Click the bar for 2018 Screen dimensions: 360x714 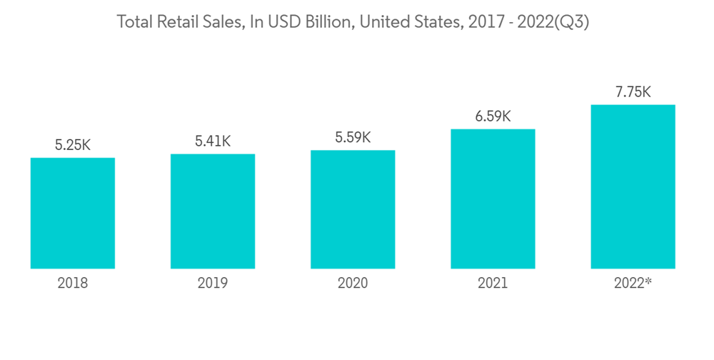[x=73, y=213]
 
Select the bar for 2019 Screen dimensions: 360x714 [x=213, y=211]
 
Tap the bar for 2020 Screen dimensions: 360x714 [x=353, y=209]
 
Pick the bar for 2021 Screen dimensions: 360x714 [x=493, y=199]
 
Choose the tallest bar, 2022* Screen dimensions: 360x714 [x=633, y=186]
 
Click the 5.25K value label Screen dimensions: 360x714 [x=73, y=145]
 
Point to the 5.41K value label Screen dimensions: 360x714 [x=213, y=141]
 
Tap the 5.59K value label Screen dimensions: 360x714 [x=353, y=137]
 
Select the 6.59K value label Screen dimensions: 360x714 [x=493, y=116]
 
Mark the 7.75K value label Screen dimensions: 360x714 [x=633, y=92]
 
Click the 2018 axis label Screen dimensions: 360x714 [x=73, y=284]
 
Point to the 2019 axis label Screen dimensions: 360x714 [x=213, y=284]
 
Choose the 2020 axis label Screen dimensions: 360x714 [x=353, y=284]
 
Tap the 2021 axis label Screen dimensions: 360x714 [x=493, y=284]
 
